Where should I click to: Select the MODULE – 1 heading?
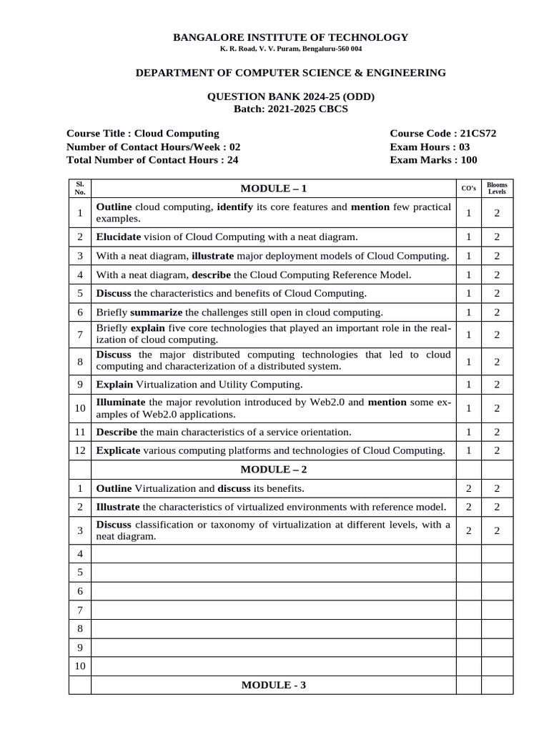click(274, 189)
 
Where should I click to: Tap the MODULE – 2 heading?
click(274, 469)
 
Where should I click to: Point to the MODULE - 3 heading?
click(274, 685)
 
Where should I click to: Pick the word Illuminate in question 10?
click(121, 402)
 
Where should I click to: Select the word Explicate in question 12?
click(118, 450)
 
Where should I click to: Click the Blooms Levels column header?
click(495, 188)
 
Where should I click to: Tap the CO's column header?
click(468, 189)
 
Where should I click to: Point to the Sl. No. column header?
click(80, 188)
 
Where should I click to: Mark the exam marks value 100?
click(468, 160)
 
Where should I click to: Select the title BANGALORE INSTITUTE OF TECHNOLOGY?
click(291, 37)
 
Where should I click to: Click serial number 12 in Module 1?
click(80, 450)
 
